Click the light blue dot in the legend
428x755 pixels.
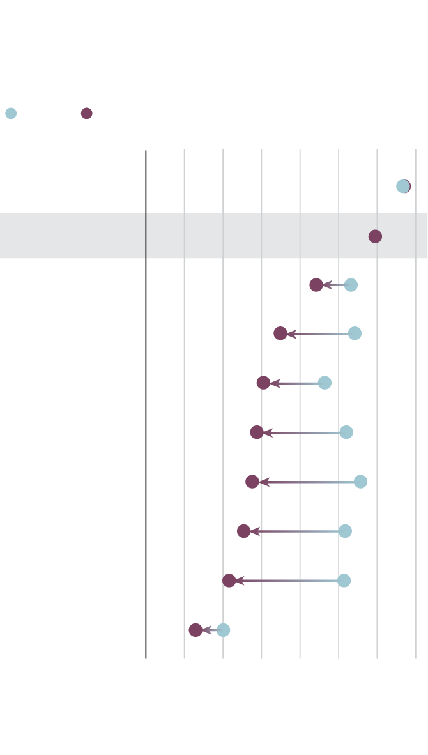[x=11, y=114]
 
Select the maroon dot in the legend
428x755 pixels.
[x=87, y=114]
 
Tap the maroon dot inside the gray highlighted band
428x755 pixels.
[x=375, y=236]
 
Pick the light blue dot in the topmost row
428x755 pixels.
[x=402, y=187]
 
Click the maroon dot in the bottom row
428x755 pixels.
[x=195, y=630]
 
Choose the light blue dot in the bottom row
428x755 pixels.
[x=224, y=630]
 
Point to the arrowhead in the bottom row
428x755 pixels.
[x=206, y=630]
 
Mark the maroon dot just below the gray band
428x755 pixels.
[x=316, y=285]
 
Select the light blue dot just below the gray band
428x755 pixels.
[x=351, y=285]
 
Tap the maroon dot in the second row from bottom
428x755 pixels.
[x=229, y=581]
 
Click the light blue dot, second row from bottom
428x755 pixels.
[x=344, y=581]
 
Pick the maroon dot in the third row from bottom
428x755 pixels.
[x=244, y=531]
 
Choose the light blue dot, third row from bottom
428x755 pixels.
[x=346, y=531]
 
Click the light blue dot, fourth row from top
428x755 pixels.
[x=355, y=333]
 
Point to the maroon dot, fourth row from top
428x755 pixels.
[x=280, y=333]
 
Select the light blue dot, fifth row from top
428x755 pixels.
[x=325, y=383]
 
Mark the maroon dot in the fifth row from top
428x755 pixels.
[x=263, y=383]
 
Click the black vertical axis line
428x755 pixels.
[x=146, y=402]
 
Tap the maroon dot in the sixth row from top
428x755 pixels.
[x=257, y=432]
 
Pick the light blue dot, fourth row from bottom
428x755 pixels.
[x=361, y=482]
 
